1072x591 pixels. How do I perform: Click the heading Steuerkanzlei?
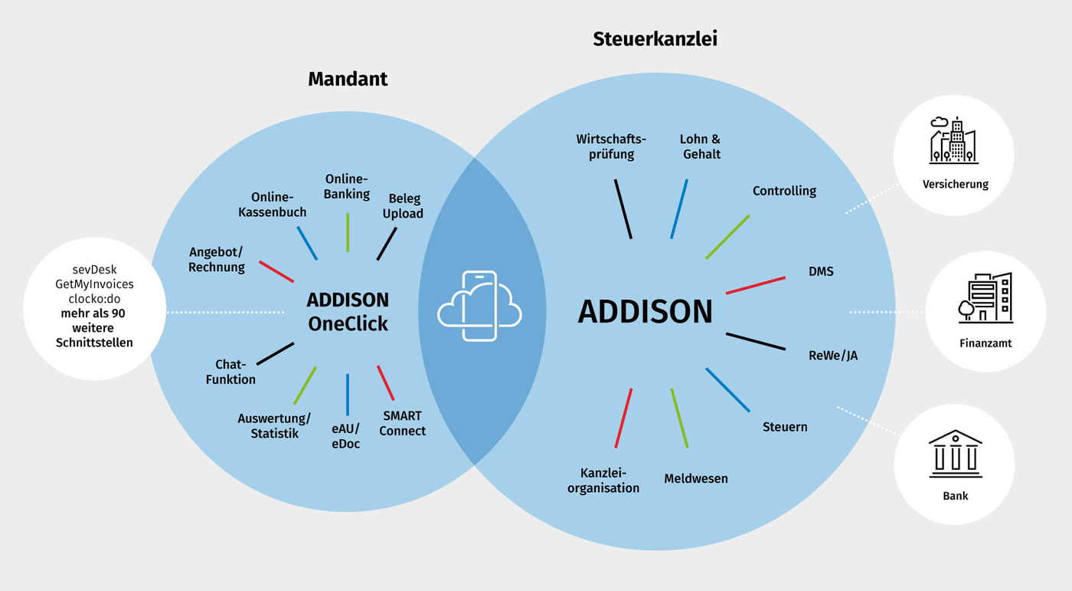tap(655, 39)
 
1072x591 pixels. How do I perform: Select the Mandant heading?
tap(348, 79)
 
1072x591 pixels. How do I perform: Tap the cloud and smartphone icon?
tap(479, 306)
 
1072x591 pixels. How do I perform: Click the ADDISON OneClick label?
tap(348, 311)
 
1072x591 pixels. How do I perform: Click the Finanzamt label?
tap(985, 343)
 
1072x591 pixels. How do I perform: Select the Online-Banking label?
tap(347, 186)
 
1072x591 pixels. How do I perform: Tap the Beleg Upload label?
tap(404, 206)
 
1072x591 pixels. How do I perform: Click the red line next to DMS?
tap(756, 285)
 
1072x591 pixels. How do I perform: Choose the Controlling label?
tap(784, 191)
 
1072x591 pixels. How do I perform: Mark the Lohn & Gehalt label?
tap(700, 146)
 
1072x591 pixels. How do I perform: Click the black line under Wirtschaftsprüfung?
tap(623, 208)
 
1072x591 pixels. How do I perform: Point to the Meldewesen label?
tap(696, 478)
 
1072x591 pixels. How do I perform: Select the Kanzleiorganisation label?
tap(603, 480)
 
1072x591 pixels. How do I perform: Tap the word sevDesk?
tap(95, 270)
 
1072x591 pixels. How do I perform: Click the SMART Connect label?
tap(402, 423)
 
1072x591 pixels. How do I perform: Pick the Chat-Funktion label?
tap(230, 372)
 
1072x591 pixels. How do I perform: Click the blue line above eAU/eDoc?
tap(347, 395)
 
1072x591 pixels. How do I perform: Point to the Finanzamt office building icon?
tap(985, 298)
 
